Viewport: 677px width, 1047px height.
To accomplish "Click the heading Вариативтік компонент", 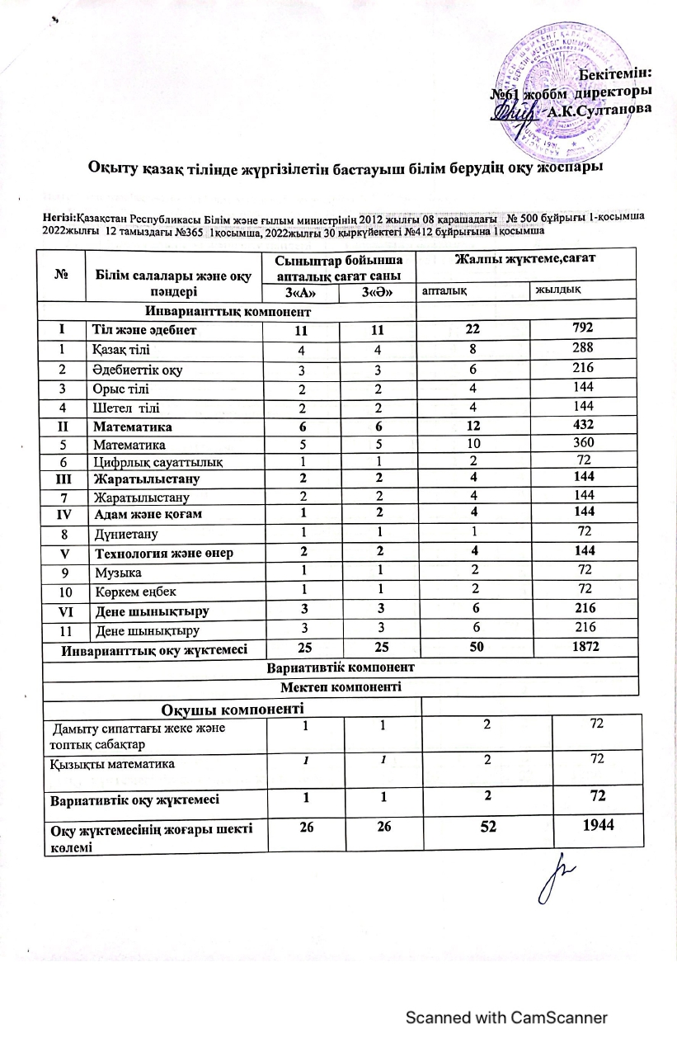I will (x=341, y=666).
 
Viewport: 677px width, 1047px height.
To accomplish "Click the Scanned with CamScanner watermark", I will (x=505, y=1017).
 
